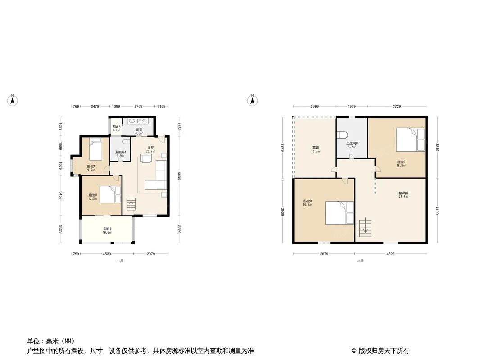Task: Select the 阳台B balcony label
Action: pos(107,230)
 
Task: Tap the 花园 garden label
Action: pos(316,149)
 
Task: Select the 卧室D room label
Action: pos(308,202)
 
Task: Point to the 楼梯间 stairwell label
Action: pos(403,195)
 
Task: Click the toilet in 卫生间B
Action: pos(342,135)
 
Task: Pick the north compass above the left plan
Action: pos(13,100)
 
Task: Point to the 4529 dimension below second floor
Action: pos(390,254)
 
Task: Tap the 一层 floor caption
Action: pos(120,261)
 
